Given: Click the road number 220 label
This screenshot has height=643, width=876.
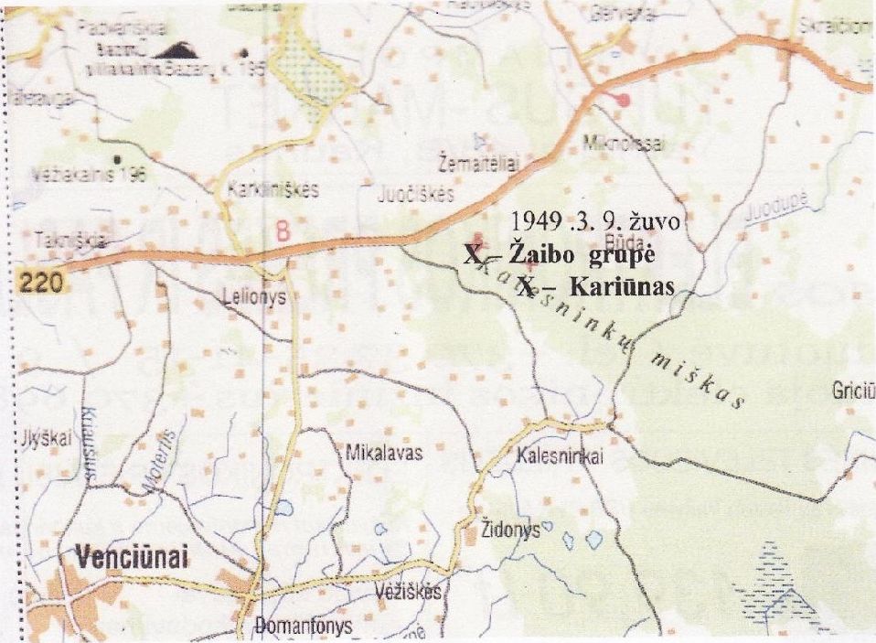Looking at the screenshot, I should (x=41, y=283).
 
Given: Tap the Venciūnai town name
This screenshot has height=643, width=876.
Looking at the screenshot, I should (x=126, y=559).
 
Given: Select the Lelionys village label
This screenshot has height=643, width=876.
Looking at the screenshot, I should (x=254, y=296).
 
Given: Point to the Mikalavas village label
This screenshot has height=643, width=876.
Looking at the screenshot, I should (x=383, y=453).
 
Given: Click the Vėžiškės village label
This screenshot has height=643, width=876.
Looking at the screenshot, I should (x=408, y=593).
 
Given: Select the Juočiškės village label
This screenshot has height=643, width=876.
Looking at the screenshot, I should (x=416, y=195).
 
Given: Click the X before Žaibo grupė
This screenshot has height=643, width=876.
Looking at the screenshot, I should (x=470, y=255).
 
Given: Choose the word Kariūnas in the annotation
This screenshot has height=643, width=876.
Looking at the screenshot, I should (x=621, y=287).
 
